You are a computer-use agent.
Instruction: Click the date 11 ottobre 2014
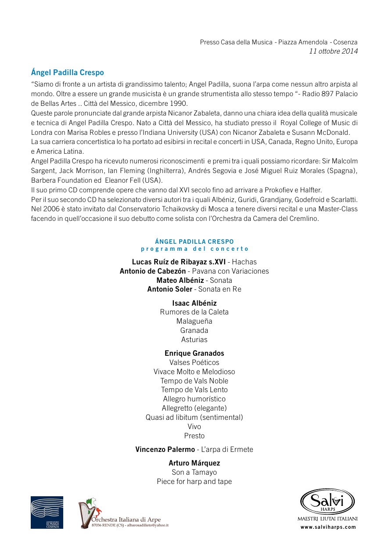pos(333,51)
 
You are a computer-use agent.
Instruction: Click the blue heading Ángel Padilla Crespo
pos(67,72)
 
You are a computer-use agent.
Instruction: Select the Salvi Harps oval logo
pos(327,501)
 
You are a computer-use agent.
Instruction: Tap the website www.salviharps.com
pos(328,527)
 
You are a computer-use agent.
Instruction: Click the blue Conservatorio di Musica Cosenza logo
pos(47,512)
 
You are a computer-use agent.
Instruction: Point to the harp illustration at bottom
pos(86,514)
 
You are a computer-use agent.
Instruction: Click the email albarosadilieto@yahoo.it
pos(147,525)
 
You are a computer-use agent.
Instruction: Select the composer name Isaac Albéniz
pos(194,303)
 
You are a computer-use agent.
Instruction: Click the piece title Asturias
pos(194,339)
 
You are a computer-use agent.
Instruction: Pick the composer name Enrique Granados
pos(194,353)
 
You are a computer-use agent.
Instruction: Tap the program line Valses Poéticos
pos(194,362)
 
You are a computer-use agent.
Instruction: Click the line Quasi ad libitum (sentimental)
pos(194,417)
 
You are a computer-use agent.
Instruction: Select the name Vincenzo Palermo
pos(165,449)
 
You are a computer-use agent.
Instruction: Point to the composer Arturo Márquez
pos(194,463)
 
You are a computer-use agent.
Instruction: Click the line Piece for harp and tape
pos(194,481)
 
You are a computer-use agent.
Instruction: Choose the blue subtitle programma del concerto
pos(194,249)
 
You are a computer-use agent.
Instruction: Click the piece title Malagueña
pos(194,321)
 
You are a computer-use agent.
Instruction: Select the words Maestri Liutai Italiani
pos(328,519)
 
